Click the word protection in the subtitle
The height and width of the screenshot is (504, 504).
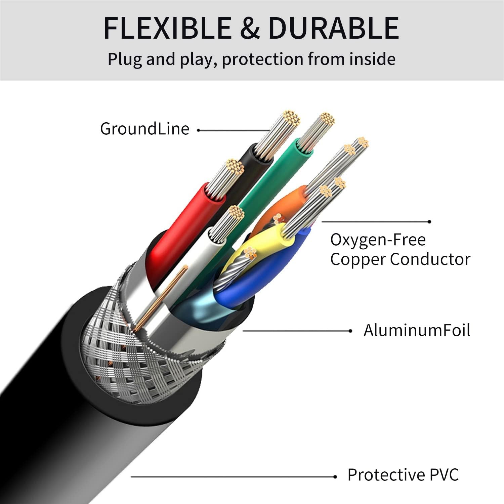[x=263, y=59]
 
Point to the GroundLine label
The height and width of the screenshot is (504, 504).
[x=145, y=129]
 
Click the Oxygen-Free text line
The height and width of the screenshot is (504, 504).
[x=378, y=240]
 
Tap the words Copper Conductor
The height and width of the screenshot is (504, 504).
[x=400, y=259]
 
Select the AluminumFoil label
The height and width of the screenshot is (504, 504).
[x=417, y=330]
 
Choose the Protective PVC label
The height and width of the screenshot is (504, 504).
[x=403, y=475]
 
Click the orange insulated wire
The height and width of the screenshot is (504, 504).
[x=282, y=208]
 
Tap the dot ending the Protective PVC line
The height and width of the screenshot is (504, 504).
[x=335, y=477]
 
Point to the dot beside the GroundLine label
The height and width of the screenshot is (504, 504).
[x=199, y=130]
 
